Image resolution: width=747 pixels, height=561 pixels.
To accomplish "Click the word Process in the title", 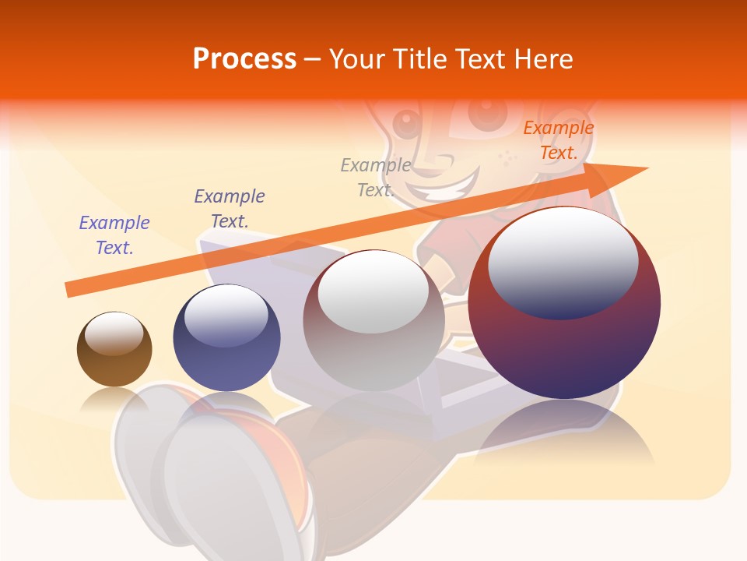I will (x=244, y=59).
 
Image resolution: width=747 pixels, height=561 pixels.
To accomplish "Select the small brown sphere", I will (x=114, y=350).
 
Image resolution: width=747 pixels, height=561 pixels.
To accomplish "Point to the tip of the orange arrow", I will (x=644, y=168).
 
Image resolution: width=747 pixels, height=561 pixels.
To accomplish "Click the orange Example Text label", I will (x=558, y=140).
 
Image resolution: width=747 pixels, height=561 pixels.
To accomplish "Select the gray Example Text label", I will (x=376, y=177).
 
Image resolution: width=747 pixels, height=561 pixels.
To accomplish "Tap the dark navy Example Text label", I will (x=229, y=208).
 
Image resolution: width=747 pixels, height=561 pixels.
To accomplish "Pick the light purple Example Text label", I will (x=114, y=235).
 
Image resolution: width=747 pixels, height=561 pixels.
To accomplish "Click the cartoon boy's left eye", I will (x=406, y=121).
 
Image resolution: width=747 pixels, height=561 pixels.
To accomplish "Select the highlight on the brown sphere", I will (x=114, y=333).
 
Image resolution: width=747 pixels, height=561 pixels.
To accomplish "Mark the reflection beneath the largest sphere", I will (x=564, y=436).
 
